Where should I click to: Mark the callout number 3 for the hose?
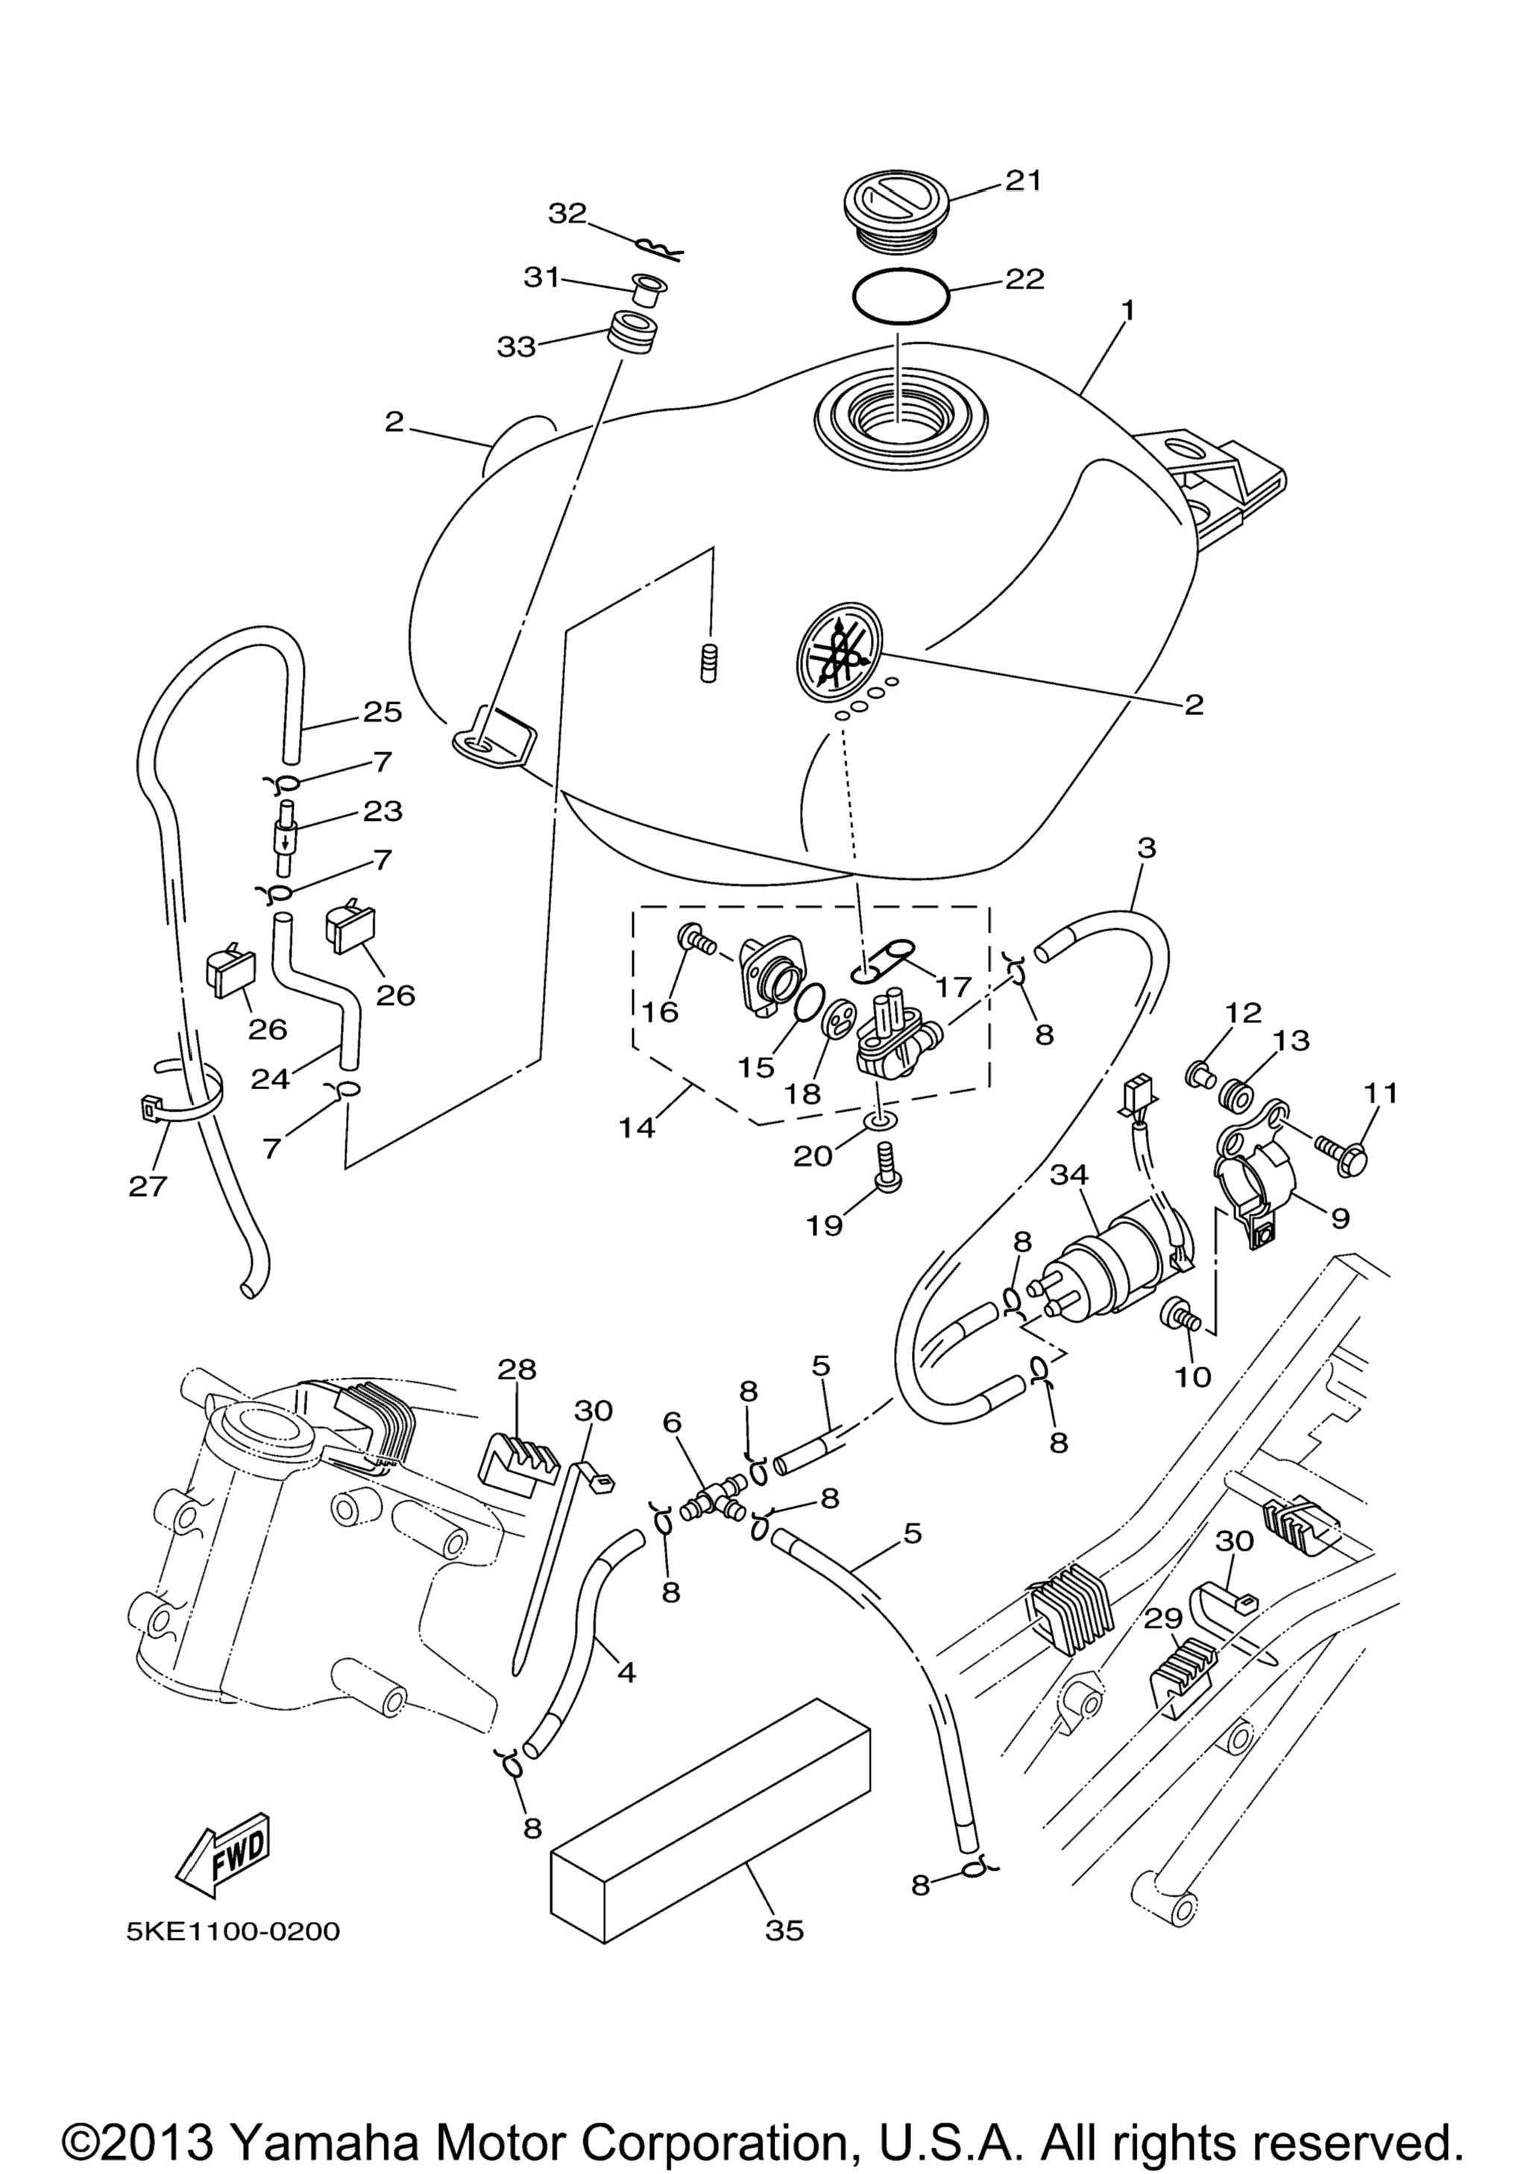(1147, 848)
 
